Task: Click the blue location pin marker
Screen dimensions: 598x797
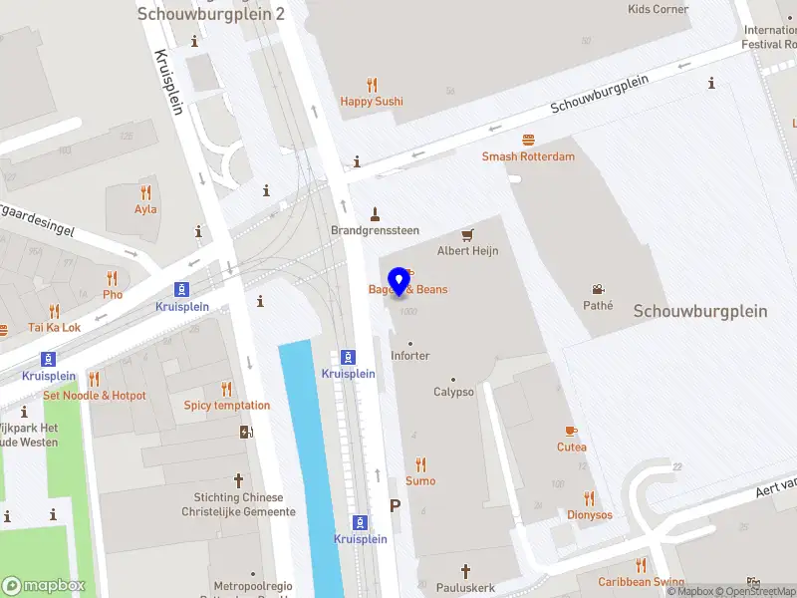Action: coord(399,281)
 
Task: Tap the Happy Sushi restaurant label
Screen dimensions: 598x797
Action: coord(372,101)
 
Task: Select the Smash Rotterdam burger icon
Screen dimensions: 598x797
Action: coord(528,141)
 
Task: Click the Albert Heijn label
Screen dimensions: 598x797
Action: coord(467,251)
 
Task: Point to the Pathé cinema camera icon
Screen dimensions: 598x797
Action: coord(598,289)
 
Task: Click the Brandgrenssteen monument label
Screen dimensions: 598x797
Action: coord(375,230)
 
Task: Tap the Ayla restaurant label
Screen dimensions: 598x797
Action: coord(145,209)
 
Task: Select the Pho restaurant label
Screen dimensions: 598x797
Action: coord(113,294)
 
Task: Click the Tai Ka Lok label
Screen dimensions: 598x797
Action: coord(55,327)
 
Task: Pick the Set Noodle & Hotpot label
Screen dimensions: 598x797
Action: coord(94,396)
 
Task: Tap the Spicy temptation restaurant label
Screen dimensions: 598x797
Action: coord(226,405)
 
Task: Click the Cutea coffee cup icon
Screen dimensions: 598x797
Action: coord(571,431)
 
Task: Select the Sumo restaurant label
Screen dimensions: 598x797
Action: coord(420,480)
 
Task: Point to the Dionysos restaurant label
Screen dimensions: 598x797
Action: coord(590,514)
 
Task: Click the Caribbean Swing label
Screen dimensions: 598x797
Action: coord(641,581)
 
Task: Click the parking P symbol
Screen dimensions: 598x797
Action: coord(395,506)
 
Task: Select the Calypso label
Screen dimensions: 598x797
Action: coord(453,392)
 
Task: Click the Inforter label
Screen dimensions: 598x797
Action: coord(410,356)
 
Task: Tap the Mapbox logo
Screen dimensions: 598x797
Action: coord(43,586)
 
